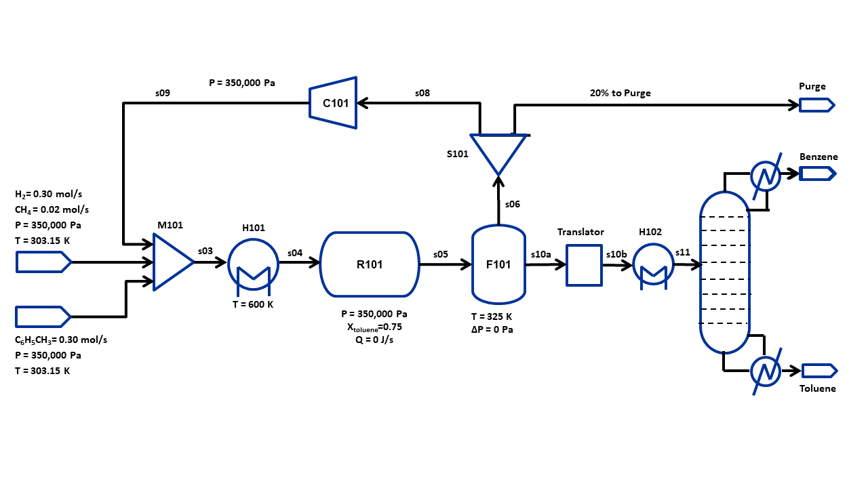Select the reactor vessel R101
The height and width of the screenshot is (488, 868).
click(370, 264)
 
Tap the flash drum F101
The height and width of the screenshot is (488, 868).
click(498, 264)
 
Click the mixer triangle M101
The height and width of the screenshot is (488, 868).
click(171, 262)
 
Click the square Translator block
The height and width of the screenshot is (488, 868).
click(584, 265)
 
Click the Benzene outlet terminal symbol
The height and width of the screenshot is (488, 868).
click(816, 174)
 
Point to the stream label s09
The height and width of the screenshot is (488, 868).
click(163, 94)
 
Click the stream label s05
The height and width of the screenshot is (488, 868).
click(441, 254)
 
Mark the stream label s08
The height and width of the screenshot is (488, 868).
click(422, 93)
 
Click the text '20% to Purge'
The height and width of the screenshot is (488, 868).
click(620, 93)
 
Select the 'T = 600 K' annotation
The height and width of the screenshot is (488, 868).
click(252, 304)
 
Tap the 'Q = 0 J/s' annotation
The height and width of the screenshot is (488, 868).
click(370, 340)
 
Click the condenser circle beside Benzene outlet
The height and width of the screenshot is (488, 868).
click(766, 176)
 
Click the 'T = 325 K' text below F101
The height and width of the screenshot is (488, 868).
click(492, 317)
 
